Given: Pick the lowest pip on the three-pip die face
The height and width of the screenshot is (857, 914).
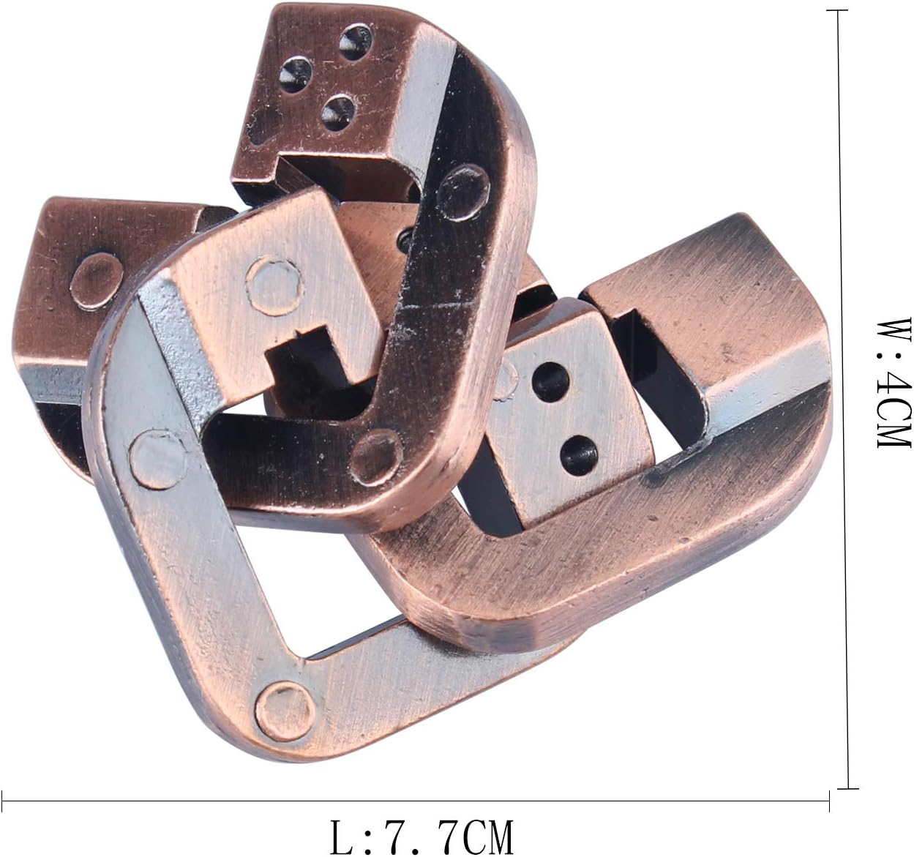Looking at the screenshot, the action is point(339,113).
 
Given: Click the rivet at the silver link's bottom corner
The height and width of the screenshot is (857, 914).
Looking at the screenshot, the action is point(285,711).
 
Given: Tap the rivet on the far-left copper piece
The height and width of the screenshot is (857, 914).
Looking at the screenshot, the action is point(97,281).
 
